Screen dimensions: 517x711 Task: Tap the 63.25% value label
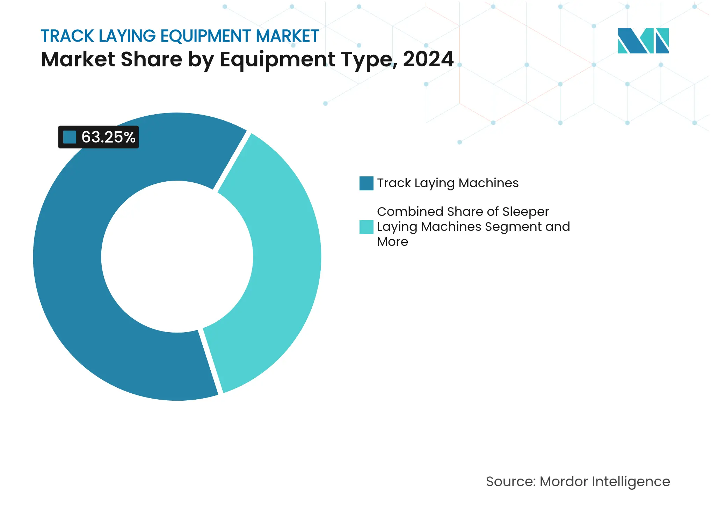108,137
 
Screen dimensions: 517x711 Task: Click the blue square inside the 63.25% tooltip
70,137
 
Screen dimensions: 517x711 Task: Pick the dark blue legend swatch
366,183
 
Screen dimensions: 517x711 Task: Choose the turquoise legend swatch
366,227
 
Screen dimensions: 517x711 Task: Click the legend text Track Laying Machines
448,183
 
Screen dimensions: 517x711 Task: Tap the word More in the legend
392,242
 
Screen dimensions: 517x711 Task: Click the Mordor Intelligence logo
643,41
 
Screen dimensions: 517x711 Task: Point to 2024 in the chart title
428,59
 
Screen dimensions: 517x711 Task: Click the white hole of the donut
177,257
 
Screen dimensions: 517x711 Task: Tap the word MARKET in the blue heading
287,36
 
